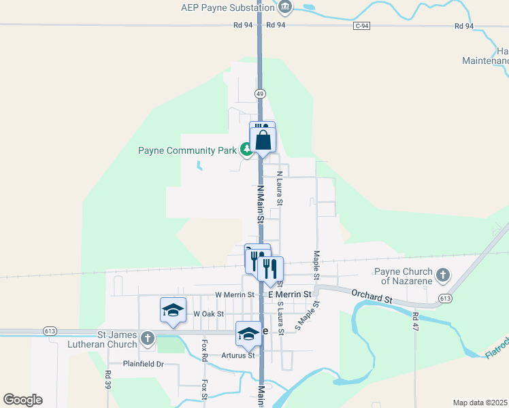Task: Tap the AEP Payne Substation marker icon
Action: coord(285,8)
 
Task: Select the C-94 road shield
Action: coord(362,26)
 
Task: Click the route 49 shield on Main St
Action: coord(260,93)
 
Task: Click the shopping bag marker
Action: coord(263,140)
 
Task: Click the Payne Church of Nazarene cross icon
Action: coord(443,275)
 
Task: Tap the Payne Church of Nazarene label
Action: coord(404,276)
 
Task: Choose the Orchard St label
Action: coord(372,296)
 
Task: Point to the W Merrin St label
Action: coord(234,295)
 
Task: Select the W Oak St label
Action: coord(208,314)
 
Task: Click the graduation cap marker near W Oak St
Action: coord(173,310)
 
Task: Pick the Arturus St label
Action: coord(237,355)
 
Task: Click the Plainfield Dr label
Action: coord(144,364)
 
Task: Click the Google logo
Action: coord(22,399)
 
